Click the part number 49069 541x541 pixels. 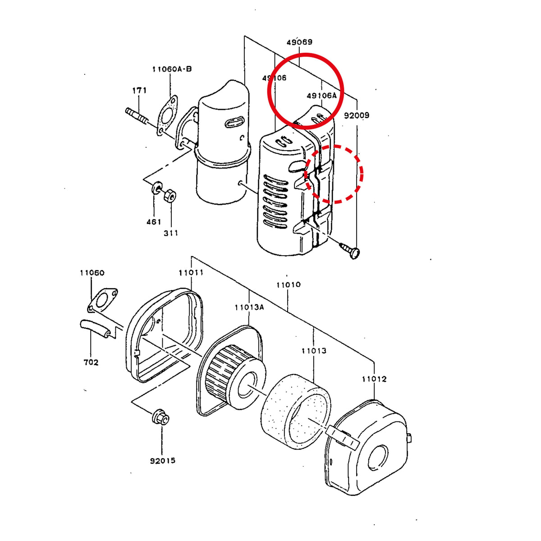click(x=299, y=42)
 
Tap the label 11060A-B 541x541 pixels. click(x=172, y=69)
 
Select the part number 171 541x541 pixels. click(x=139, y=91)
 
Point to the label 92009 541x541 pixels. click(x=357, y=115)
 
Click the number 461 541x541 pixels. click(x=154, y=222)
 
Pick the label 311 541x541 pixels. click(x=171, y=233)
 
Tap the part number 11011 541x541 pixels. click(x=191, y=273)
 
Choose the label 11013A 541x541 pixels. click(x=250, y=307)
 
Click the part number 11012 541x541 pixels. click(x=374, y=379)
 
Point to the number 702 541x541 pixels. click(x=91, y=362)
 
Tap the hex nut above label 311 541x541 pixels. click(x=170, y=195)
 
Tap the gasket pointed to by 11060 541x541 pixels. click(x=102, y=300)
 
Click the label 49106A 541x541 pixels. click(x=321, y=96)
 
